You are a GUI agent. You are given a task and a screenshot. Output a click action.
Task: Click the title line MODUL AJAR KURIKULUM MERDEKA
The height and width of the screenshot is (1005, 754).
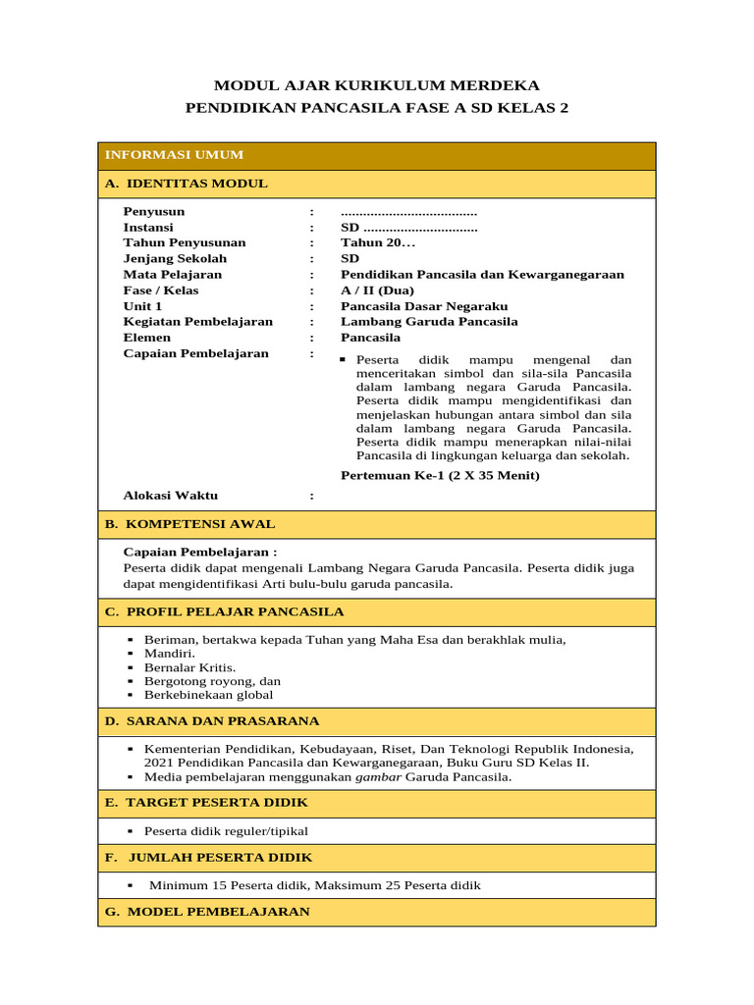tap(377, 85)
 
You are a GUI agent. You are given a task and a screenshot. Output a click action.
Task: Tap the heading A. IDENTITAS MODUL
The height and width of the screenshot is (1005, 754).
tap(186, 184)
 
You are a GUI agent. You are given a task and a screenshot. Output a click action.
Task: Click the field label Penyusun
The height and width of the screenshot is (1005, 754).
tap(153, 211)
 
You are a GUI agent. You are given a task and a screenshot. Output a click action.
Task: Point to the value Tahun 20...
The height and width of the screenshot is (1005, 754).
tap(378, 242)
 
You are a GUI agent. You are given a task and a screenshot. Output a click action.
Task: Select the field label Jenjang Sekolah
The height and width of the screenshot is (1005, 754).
tap(175, 258)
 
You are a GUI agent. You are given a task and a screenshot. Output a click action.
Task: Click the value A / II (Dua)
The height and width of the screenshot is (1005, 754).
tap(377, 290)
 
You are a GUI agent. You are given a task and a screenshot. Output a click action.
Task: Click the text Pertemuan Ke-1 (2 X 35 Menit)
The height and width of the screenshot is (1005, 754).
tap(440, 475)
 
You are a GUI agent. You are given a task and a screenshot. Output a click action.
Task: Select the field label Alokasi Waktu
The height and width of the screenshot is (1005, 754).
tap(170, 495)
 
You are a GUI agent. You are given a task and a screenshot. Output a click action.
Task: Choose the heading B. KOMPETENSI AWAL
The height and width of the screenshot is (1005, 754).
tap(189, 524)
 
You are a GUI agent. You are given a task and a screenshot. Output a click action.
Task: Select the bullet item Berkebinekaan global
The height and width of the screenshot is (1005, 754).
tap(208, 694)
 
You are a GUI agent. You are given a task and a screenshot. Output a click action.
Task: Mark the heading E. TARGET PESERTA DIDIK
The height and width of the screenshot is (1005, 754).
tap(206, 802)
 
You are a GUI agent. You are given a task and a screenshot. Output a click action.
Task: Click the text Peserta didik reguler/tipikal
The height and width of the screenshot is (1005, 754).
tap(226, 830)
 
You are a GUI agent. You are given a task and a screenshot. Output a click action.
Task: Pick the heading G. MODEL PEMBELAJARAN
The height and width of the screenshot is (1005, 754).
tap(207, 911)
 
